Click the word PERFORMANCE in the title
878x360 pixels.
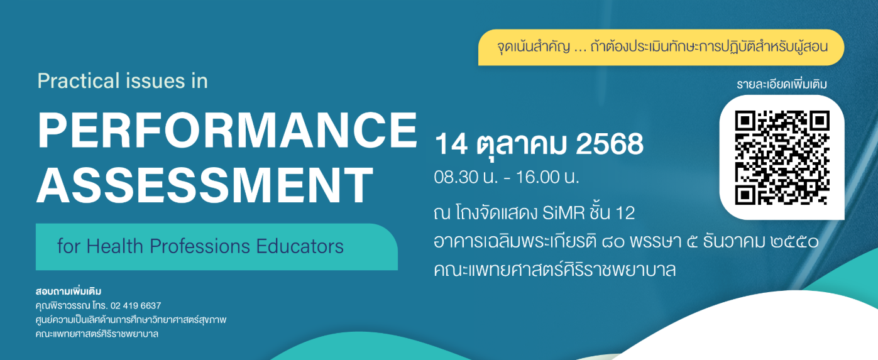[228, 130]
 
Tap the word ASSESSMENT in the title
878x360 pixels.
[205, 185]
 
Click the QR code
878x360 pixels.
[782, 158]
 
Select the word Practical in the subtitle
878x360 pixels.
[79, 81]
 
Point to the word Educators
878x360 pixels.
[300, 246]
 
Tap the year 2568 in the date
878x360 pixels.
[610, 144]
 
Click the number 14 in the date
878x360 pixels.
[451, 144]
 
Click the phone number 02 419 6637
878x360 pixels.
[136, 305]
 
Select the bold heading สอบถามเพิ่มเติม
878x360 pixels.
[69, 292]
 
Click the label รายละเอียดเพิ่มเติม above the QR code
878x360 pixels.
[782, 84]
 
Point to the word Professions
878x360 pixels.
[200, 246]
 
